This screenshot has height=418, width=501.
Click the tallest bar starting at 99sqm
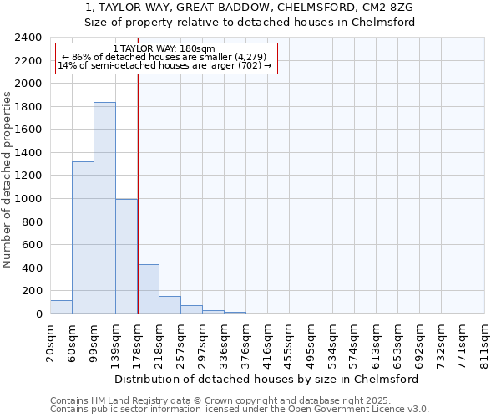[104, 208]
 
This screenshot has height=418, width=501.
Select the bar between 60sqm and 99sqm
[83, 237]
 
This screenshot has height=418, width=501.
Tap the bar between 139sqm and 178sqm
[126, 257]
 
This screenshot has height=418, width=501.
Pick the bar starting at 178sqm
[148, 289]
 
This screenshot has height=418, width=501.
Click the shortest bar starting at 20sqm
[61, 307]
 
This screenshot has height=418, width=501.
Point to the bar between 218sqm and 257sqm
[170, 305]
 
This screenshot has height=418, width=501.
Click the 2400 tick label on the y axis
[28, 38]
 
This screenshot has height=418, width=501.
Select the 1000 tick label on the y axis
[28, 199]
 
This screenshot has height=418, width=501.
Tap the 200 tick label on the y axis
[32, 291]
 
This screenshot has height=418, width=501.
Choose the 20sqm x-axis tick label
[50, 342]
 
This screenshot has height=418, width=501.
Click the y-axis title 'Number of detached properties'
[8, 181]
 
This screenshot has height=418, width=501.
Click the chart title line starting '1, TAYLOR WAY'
[250, 8]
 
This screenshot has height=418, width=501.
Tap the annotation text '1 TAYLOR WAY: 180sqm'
[164, 48]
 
